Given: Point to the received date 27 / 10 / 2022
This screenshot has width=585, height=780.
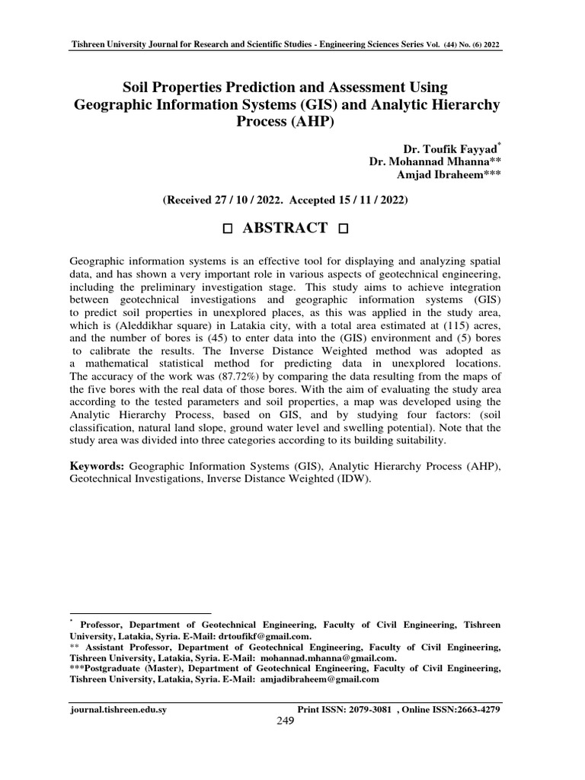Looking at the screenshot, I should (248, 200).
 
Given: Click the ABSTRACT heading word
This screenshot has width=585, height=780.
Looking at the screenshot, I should (285, 228).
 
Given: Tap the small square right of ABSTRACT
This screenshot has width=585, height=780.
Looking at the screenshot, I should (342, 229).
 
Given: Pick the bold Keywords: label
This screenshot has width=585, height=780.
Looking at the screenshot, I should (98, 465).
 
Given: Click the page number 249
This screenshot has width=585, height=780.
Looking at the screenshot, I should (285, 721).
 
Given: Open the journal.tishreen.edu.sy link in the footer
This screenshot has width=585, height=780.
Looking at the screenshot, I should (118, 709).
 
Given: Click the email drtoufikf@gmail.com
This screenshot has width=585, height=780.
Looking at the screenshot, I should (264, 635).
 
